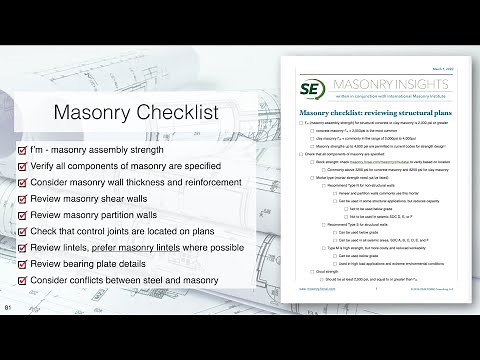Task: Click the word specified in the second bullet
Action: click(x=192, y=167)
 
